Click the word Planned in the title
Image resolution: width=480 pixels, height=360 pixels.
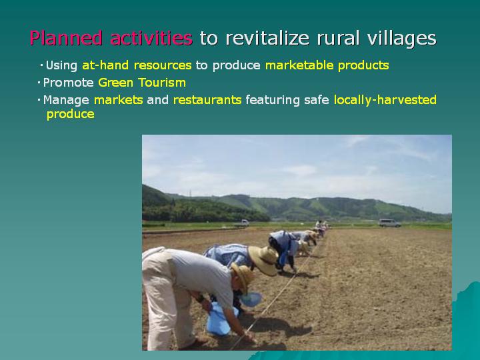pos(66,38)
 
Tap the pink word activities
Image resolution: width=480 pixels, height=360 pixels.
pos(151,38)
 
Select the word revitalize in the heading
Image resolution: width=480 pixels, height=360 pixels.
pos(267,38)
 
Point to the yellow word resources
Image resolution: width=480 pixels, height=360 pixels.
pos(163,65)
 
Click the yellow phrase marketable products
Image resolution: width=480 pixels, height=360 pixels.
pos(327,65)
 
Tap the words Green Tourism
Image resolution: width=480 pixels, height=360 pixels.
pos(142,83)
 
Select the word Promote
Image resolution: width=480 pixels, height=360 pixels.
pos(68,83)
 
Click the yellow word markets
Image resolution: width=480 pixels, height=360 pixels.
pos(118,100)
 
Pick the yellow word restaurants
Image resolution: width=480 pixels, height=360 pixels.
pos(207,100)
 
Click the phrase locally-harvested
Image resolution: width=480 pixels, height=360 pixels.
pos(385,100)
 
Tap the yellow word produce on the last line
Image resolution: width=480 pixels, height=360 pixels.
pos(71,115)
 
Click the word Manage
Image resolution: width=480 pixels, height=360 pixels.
pos(66,101)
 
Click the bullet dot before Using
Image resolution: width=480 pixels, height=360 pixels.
pos(41,65)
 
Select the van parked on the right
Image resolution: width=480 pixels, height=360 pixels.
pos(390,223)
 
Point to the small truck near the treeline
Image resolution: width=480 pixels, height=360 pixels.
pos(242,223)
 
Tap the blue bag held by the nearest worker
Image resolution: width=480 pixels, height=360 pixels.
pos(219,319)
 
